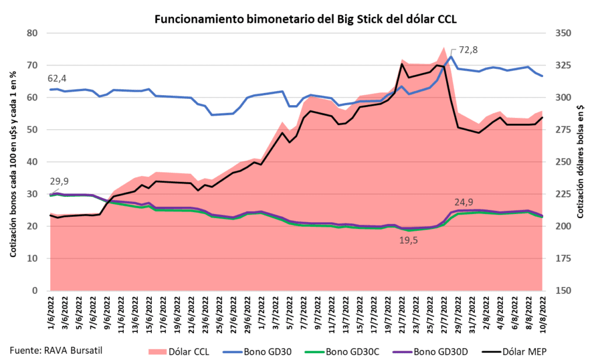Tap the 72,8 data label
468,50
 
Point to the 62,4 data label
56,78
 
